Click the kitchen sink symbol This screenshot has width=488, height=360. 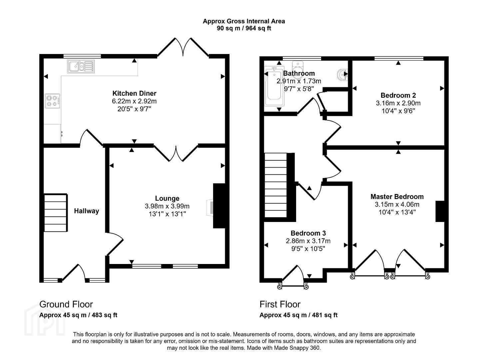pyautogui.click(x=81, y=66)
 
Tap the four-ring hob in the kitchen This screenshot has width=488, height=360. pyautogui.click(x=53, y=101)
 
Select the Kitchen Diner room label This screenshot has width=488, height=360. pyautogui.click(x=135, y=93)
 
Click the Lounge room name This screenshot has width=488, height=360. pyautogui.click(x=167, y=198)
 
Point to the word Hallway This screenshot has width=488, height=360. pyautogui.click(x=87, y=211)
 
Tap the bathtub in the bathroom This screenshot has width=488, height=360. pyautogui.click(x=274, y=86)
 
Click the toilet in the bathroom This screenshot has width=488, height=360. pyautogui.click(x=298, y=70)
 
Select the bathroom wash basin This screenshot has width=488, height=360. pyautogui.click(x=342, y=74)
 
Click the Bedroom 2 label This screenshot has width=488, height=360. pyautogui.click(x=398, y=95)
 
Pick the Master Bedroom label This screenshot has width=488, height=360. pyautogui.click(x=397, y=197)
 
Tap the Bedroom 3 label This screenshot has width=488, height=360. pyautogui.click(x=308, y=233)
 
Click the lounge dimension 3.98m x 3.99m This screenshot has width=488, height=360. pyautogui.click(x=167, y=206)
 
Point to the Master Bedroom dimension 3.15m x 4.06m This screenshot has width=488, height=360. pyautogui.click(x=397, y=204)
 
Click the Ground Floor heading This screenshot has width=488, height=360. pyautogui.click(x=66, y=304)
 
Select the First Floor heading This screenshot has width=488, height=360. pyautogui.click(x=280, y=304)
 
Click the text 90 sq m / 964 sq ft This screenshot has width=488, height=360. pyautogui.click(x=244, y=28)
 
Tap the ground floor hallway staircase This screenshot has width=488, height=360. pyautogui.click(x=56, y=213)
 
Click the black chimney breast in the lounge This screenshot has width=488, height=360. pyautogui.click(x=220, y=206)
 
